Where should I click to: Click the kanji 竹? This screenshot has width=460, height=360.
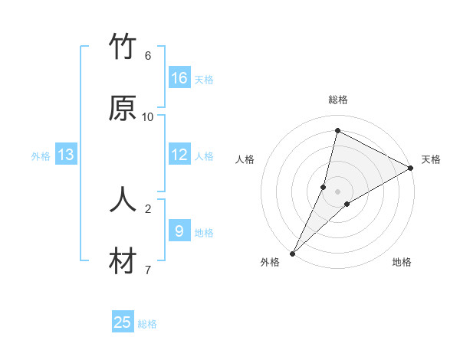123,48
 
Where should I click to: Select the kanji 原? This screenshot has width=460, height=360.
123,110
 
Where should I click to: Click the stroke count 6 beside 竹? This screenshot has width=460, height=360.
148,55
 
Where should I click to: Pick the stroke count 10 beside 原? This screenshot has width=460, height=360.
148,116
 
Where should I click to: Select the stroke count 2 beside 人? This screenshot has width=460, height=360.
148,208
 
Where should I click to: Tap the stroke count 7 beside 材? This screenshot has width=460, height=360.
148,269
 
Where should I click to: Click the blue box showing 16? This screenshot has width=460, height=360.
179,78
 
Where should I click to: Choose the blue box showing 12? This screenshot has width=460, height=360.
179,155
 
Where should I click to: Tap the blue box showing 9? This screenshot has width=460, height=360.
179,231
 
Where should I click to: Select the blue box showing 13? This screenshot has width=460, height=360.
66,155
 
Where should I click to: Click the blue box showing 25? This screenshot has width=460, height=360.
123,322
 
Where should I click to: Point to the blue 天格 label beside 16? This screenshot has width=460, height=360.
204,80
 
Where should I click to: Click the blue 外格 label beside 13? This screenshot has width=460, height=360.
41,156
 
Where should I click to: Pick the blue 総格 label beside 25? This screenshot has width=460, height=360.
147,324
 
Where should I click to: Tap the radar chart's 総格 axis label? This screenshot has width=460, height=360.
338,100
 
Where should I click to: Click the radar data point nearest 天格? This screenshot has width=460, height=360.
412,169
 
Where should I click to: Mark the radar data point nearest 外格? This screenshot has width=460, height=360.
292,253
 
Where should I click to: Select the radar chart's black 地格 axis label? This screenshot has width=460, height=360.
402,263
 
